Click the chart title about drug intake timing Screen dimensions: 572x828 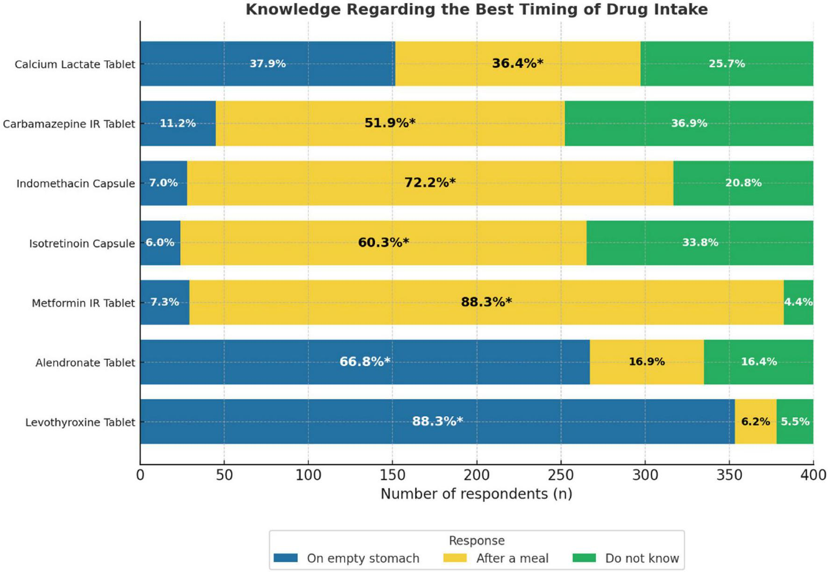[x=477, y=9]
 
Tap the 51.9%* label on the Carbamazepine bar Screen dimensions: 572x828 [x=390, y=123]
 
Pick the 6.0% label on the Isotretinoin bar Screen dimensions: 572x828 [x=160, y=242]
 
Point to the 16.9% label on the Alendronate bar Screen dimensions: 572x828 [x=647, y=362]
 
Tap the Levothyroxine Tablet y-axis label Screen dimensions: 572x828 [x=80, y=422]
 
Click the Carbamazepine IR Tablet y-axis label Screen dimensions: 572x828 [x=69, y=124]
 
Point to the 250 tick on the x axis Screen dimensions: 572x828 [x=561, y=475]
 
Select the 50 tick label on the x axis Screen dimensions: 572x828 [x=224, y=475]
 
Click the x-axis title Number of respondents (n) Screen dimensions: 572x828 [x=476, y=494]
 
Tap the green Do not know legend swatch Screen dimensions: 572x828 [x=584, y=558]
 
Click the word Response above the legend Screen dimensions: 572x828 [x=477, y=541]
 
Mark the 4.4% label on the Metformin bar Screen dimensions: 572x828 [x=798, y=302]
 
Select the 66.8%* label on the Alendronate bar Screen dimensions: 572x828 [x=364, y=362]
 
